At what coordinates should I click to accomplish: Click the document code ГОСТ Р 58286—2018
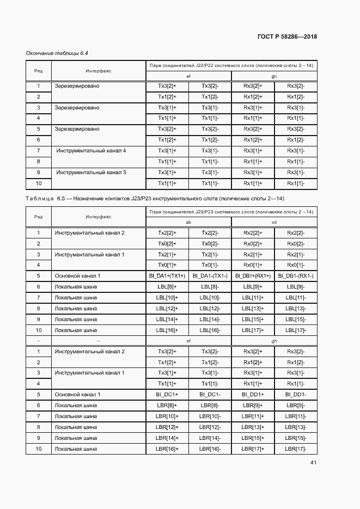286,36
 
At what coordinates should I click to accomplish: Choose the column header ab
188,222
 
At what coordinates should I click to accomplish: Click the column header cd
274,222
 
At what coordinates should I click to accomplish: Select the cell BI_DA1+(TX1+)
167,276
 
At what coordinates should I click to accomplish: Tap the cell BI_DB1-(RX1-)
296,276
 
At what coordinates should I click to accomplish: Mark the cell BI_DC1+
167,394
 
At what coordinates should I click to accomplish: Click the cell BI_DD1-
296,394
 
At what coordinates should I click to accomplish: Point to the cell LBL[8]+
167,286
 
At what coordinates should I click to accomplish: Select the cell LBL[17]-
296,330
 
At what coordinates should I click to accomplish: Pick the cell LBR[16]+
167,449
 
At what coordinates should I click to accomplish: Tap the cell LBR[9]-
296,405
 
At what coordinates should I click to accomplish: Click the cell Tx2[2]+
167,233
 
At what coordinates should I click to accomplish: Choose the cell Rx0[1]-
296,265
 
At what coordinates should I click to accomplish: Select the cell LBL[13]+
253,308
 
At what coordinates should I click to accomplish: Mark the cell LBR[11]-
296,416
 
